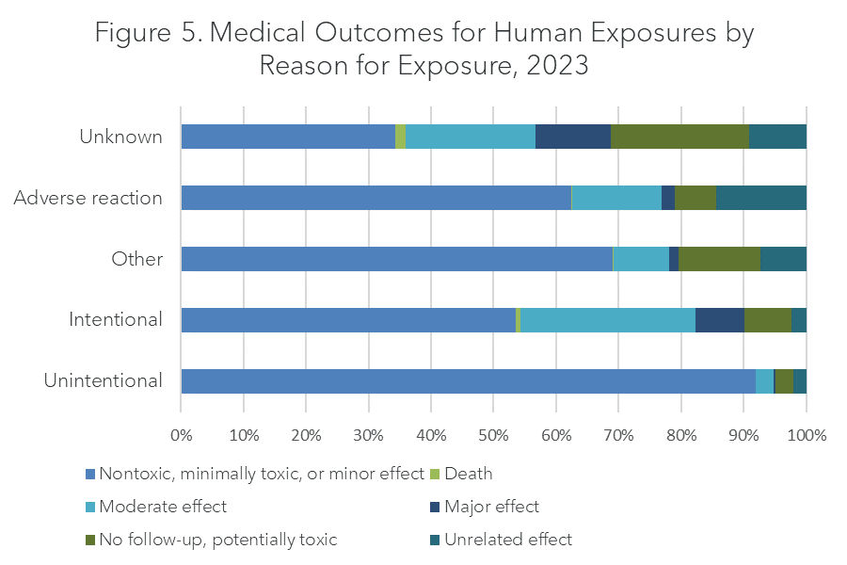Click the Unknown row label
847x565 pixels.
pos(120,137)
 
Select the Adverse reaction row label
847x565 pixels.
pos(88,199)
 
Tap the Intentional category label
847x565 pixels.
pos(115,320)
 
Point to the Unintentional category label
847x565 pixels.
pos(103,381)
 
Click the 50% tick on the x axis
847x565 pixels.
pos(493,436)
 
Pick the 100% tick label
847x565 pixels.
pos(806,436)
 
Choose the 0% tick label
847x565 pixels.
pos(181,436)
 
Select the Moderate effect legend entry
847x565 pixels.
pos(162,508)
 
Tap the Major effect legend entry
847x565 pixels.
pos(490,508)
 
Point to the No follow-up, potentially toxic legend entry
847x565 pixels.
pos(216,541)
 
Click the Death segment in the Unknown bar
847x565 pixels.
pos(400,137)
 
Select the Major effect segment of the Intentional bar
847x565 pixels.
pos(720,320)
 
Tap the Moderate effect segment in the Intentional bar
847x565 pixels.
pos(608,320)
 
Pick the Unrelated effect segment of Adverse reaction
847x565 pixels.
pos(761,198)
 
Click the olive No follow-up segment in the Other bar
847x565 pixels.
pos(719,259)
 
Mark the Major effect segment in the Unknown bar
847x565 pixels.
pos(573,137)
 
